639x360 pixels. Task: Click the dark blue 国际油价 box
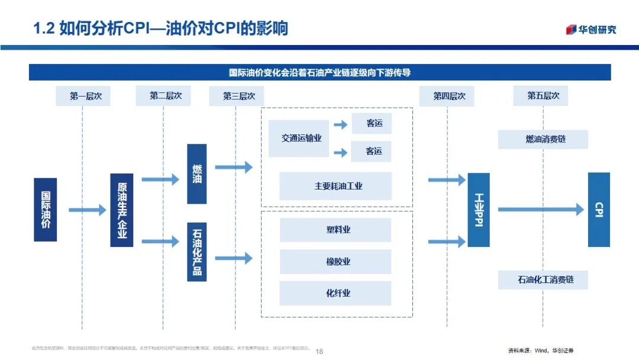46,210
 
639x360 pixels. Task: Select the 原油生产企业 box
122,210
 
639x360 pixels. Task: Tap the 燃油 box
197,173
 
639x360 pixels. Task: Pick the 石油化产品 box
197,249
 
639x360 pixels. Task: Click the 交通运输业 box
301,139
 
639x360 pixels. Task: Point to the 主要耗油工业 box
335,186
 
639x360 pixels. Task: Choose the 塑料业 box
335,230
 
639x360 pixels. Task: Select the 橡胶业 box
335,262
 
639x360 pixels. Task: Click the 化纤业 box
335,293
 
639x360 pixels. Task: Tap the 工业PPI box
479,210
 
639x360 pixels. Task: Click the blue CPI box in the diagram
599,210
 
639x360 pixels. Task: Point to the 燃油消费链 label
543,139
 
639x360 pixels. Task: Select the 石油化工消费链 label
543,279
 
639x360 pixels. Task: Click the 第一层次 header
83,96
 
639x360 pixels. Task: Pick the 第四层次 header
447,96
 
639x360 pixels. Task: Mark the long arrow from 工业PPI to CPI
540,209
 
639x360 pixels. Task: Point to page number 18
319,351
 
